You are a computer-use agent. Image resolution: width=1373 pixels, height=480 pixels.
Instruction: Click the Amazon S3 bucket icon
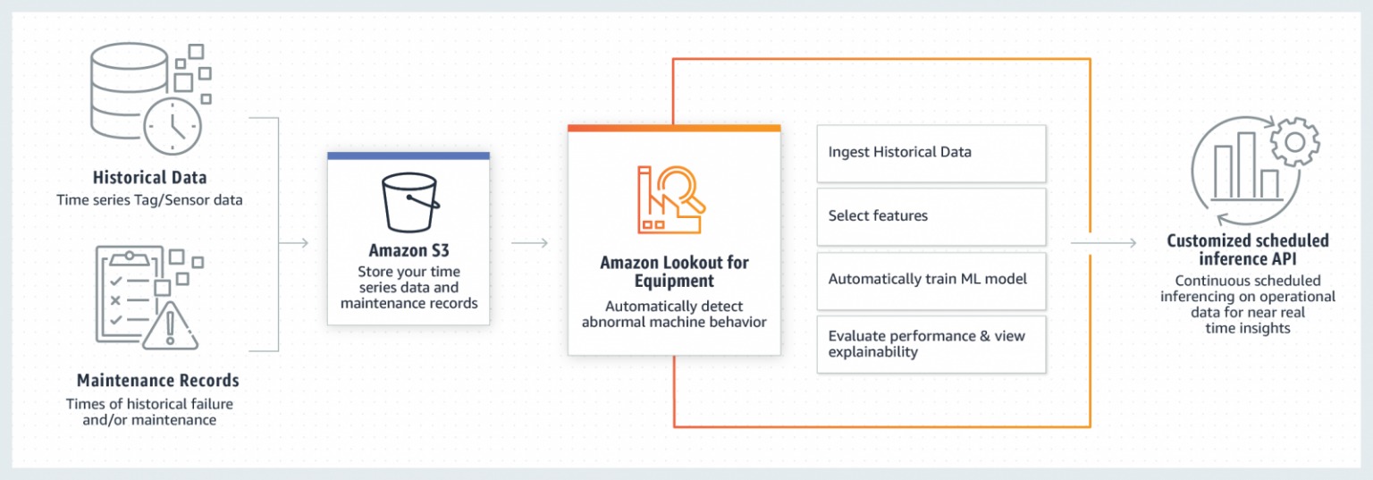(410, 203)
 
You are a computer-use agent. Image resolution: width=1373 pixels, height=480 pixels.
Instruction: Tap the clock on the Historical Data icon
(173, 127)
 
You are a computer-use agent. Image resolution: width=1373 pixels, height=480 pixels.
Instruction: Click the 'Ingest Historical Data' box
(931, 153)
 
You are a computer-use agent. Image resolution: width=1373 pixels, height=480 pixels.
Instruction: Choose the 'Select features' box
(931, 216)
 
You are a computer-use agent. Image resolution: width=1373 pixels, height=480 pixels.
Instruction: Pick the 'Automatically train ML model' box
(931, 280)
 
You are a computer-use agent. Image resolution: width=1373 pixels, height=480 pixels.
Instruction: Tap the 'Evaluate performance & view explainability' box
(931, 343)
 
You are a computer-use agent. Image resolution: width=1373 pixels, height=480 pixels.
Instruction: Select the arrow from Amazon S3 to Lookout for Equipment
(529, 242)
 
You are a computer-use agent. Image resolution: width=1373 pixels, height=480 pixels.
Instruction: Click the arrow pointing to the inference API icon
(1105, 242)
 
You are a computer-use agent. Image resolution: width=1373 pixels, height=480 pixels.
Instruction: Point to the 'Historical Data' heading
(149, 177)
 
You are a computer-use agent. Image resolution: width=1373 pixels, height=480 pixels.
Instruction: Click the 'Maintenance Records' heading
(157, 380)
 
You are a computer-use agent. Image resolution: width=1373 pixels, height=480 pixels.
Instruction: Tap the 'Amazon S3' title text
(409, 250)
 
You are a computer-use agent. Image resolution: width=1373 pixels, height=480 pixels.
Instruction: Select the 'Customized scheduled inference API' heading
(1247, 249)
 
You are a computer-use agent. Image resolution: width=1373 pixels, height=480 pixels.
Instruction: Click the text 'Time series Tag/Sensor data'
(149, 200)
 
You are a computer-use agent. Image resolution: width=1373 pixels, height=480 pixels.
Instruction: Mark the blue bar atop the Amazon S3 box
(409, 156)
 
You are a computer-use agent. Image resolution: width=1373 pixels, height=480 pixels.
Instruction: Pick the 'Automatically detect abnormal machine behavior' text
(674, 314)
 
